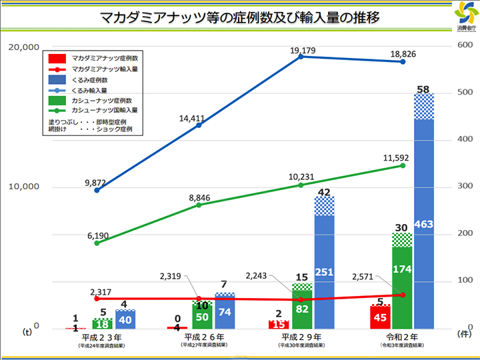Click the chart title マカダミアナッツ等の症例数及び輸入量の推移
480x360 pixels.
(x=239, y=18)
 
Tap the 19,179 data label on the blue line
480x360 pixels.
(x=303, y=50)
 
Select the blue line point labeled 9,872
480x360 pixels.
(x=97, y=190)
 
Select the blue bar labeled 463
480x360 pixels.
(x=423, y=223)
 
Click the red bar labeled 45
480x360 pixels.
(x=380, y=317)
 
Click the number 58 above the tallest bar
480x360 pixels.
(x=423, y=89)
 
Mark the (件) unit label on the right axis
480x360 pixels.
(x=464, y=331)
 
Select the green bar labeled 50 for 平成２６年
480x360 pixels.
(x=202, y=317)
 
